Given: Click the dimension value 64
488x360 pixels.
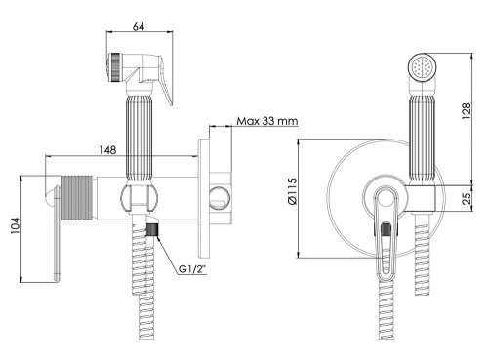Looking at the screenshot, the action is [139, 26].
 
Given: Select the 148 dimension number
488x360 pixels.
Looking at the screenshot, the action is [107, 150].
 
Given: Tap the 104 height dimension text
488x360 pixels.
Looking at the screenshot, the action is [15, 225].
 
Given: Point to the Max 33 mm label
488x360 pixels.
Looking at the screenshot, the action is [266, 121].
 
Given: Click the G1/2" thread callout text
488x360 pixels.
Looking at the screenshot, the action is [192, 269].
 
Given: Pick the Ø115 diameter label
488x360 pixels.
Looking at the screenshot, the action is [292, 191].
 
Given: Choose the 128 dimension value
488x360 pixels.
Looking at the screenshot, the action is [467, 111].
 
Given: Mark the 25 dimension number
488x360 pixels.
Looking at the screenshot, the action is [467, 198].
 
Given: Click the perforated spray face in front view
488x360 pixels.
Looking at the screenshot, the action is [422, 67].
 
